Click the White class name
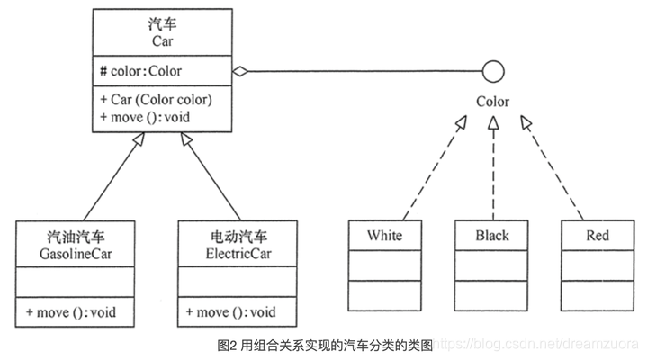tap(384, 236)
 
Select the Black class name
tap(491, 236)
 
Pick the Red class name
tap(597, 236)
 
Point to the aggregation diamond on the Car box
tap(240, 71)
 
